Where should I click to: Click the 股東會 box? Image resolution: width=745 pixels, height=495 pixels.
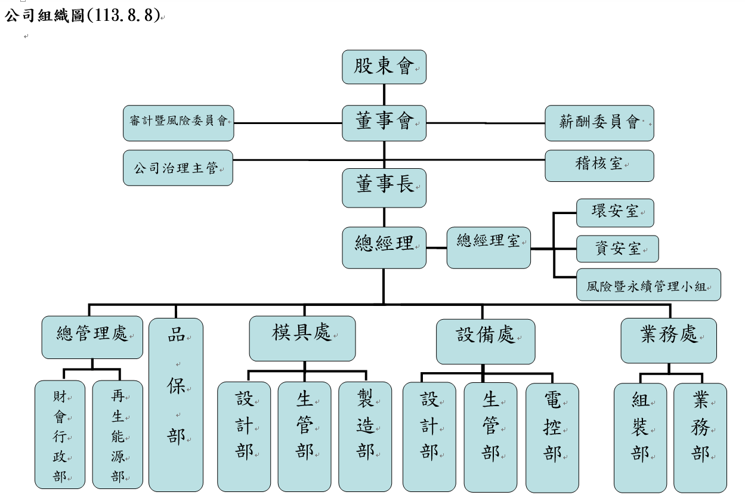[384, 67]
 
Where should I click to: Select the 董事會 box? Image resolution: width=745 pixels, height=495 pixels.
[384, 123]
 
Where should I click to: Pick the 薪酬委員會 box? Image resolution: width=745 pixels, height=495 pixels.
[599, 123]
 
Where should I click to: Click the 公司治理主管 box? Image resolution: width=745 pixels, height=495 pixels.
[178, 168]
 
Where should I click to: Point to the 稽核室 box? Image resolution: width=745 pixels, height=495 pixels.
[599, 165]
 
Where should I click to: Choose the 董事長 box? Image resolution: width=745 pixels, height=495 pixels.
[384, 187]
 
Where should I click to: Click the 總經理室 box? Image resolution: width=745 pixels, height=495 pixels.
[489, 247]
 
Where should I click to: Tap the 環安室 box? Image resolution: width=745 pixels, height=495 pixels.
[615, 213]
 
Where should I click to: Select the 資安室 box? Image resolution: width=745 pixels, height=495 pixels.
[617, 249]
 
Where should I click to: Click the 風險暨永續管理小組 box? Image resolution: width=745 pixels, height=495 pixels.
[648, 284]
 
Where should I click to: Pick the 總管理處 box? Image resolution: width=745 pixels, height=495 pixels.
[92, 337]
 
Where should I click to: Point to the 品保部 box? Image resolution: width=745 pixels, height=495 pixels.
[176, 404]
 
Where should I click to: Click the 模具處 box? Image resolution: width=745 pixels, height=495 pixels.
[302, 338]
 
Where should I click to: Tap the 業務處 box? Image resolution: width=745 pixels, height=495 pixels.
[669, 341]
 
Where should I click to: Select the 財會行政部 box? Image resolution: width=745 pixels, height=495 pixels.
[60, 435]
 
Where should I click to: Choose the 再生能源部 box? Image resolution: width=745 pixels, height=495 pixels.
[118, 435]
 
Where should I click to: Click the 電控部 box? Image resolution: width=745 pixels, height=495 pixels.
[552, 437]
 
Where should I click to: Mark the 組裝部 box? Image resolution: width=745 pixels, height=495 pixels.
[641, 437]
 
